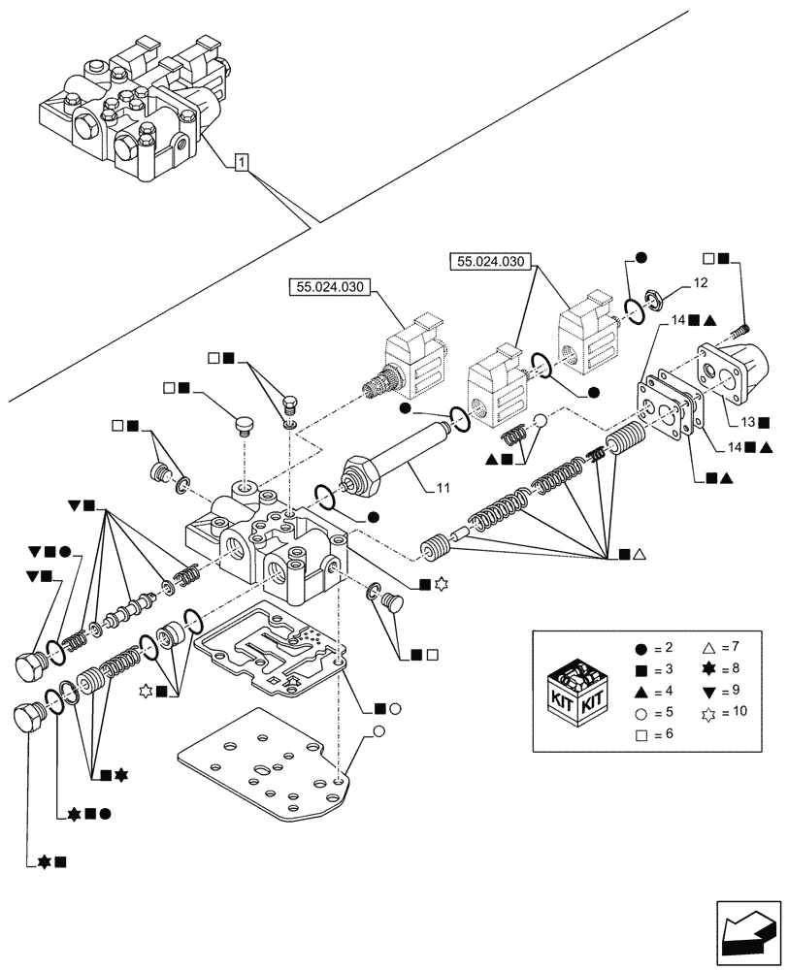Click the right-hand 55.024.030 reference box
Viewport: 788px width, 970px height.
[x=491, y=261]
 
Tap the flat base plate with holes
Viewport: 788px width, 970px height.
[x=262, y=766]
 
